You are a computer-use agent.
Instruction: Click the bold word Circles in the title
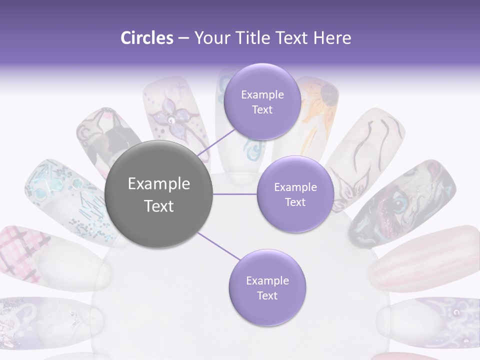tap(146, 38)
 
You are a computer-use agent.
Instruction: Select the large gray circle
tap(159, 194)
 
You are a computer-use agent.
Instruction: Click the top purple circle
tap(262, 102)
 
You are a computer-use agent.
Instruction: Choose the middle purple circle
tap(295, 194)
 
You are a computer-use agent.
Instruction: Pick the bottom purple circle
tap(267, 288)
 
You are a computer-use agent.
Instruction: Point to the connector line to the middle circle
tap(235, 194)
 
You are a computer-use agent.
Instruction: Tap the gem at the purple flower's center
tap(171, 120)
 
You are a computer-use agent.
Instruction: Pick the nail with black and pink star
tap(107, 137)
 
